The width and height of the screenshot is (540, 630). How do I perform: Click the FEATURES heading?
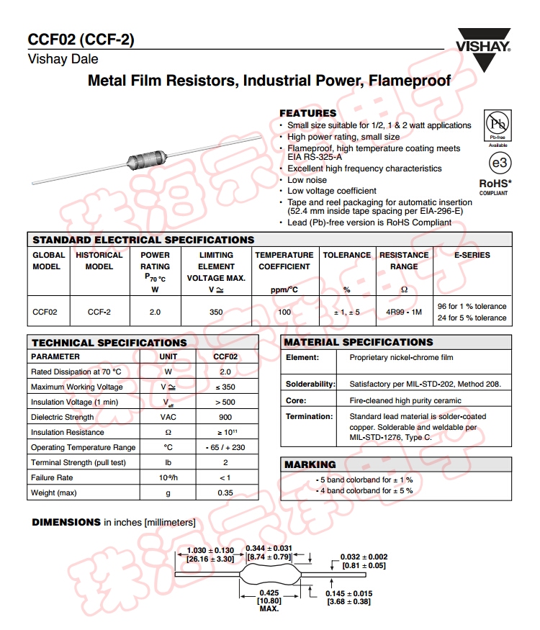point(307,113)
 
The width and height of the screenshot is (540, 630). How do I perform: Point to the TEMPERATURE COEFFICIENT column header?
point(284,261)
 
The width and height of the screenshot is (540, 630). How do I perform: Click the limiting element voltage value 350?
point(216,312)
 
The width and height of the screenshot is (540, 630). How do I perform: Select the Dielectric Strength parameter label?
point(63,417)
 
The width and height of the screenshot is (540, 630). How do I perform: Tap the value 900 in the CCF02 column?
point(225,417)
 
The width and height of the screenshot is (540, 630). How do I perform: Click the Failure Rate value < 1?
point(225,477)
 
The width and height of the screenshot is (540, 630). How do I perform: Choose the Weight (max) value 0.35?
point(225,492)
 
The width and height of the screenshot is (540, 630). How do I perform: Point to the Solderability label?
point(310,384)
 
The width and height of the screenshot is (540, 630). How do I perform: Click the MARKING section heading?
point(310,464)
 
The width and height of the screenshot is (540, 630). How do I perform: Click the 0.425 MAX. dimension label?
point(269,600)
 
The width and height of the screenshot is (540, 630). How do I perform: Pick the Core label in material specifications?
point(296,400)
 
